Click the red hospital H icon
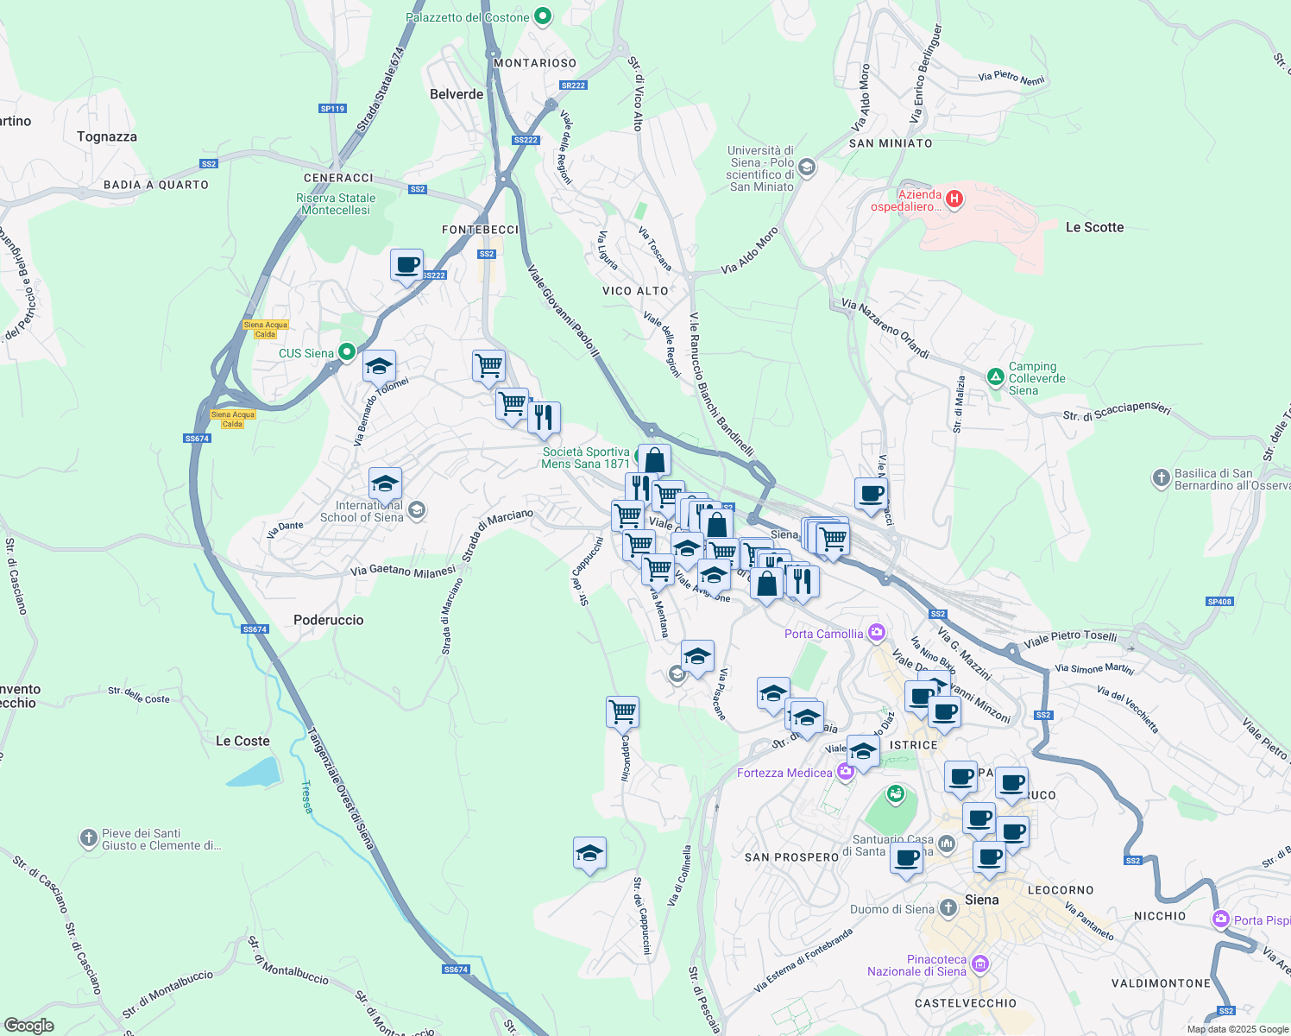click(x=954, y=199)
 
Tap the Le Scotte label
click(x=1094, y=227)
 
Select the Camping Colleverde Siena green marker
click(x=995, y=376)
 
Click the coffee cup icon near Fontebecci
click(x=406, y=266)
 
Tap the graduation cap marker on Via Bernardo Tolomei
click(x=379, y=367)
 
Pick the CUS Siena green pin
click(x=346, y=352)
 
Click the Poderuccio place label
click(x=328, y=620)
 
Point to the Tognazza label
click(x=107, y=136)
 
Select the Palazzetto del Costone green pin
click(x=543, y=16)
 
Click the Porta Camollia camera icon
click(x=877, y=633)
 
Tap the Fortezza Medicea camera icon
click(x=845, y=772)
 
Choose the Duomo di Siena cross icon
click(x=948, y=907)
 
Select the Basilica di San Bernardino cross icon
click(x=1162, y=477)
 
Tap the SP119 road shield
click(x=332, y=109)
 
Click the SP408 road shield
click(x=1219, y=602)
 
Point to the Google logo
click(x=29, y=1025)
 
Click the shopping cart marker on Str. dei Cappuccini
click(x=622, y=712)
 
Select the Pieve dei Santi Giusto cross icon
click(x=89, y=838)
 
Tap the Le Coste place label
click(x=242, y=741)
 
